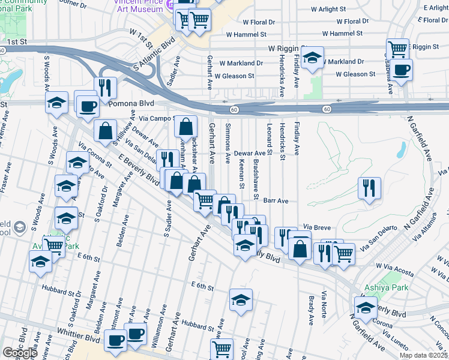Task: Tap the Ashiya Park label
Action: [388, 288]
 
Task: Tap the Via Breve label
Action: [318, 227]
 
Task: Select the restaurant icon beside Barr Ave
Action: [369, 187]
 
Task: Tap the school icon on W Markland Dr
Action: [312, 58]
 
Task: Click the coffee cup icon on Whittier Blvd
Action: [115, 340]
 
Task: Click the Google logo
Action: [20, 353]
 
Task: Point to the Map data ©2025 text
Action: [423, 355]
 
